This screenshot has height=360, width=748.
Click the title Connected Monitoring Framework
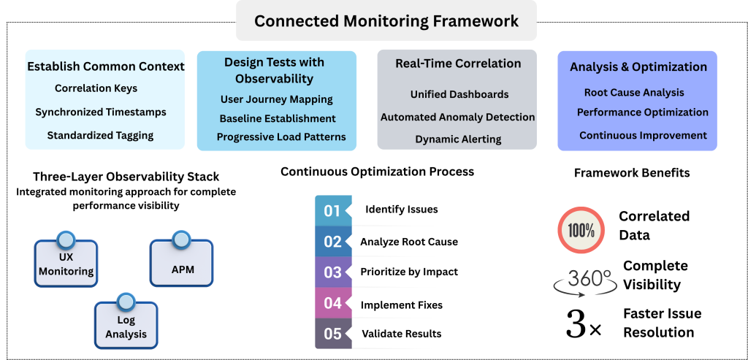[x=386, y=21]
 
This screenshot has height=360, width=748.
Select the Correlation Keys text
[x=96, y=88]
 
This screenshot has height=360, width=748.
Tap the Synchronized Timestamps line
[x=101, y=112]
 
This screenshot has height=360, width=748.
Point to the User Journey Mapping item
[x=277, y=99]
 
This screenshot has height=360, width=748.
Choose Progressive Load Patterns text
[x=281, y=137]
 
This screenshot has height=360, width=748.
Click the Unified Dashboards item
[x=459, y=94]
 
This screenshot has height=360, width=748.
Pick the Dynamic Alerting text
[x=458, y=139]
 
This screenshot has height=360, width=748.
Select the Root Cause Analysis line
[x=634, y=93]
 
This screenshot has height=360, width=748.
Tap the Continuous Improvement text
[x=643, y=135]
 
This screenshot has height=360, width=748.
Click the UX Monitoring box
[x=66, y=263]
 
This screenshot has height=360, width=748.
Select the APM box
[x=182, y=263]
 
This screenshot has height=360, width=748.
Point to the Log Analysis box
[x=126, y=325]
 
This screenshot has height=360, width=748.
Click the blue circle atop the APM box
[x=181, y=240]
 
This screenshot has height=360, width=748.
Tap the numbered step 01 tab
[x=333, y=210]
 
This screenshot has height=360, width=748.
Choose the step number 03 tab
[x=333, y=272]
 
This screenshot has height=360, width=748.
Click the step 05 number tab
[x=333, y=333]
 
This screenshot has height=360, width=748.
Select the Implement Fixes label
[x=402, y=305]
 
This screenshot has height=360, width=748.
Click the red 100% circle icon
[x=581, y=230]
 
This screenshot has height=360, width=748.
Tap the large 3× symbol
[x=584, y=323]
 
